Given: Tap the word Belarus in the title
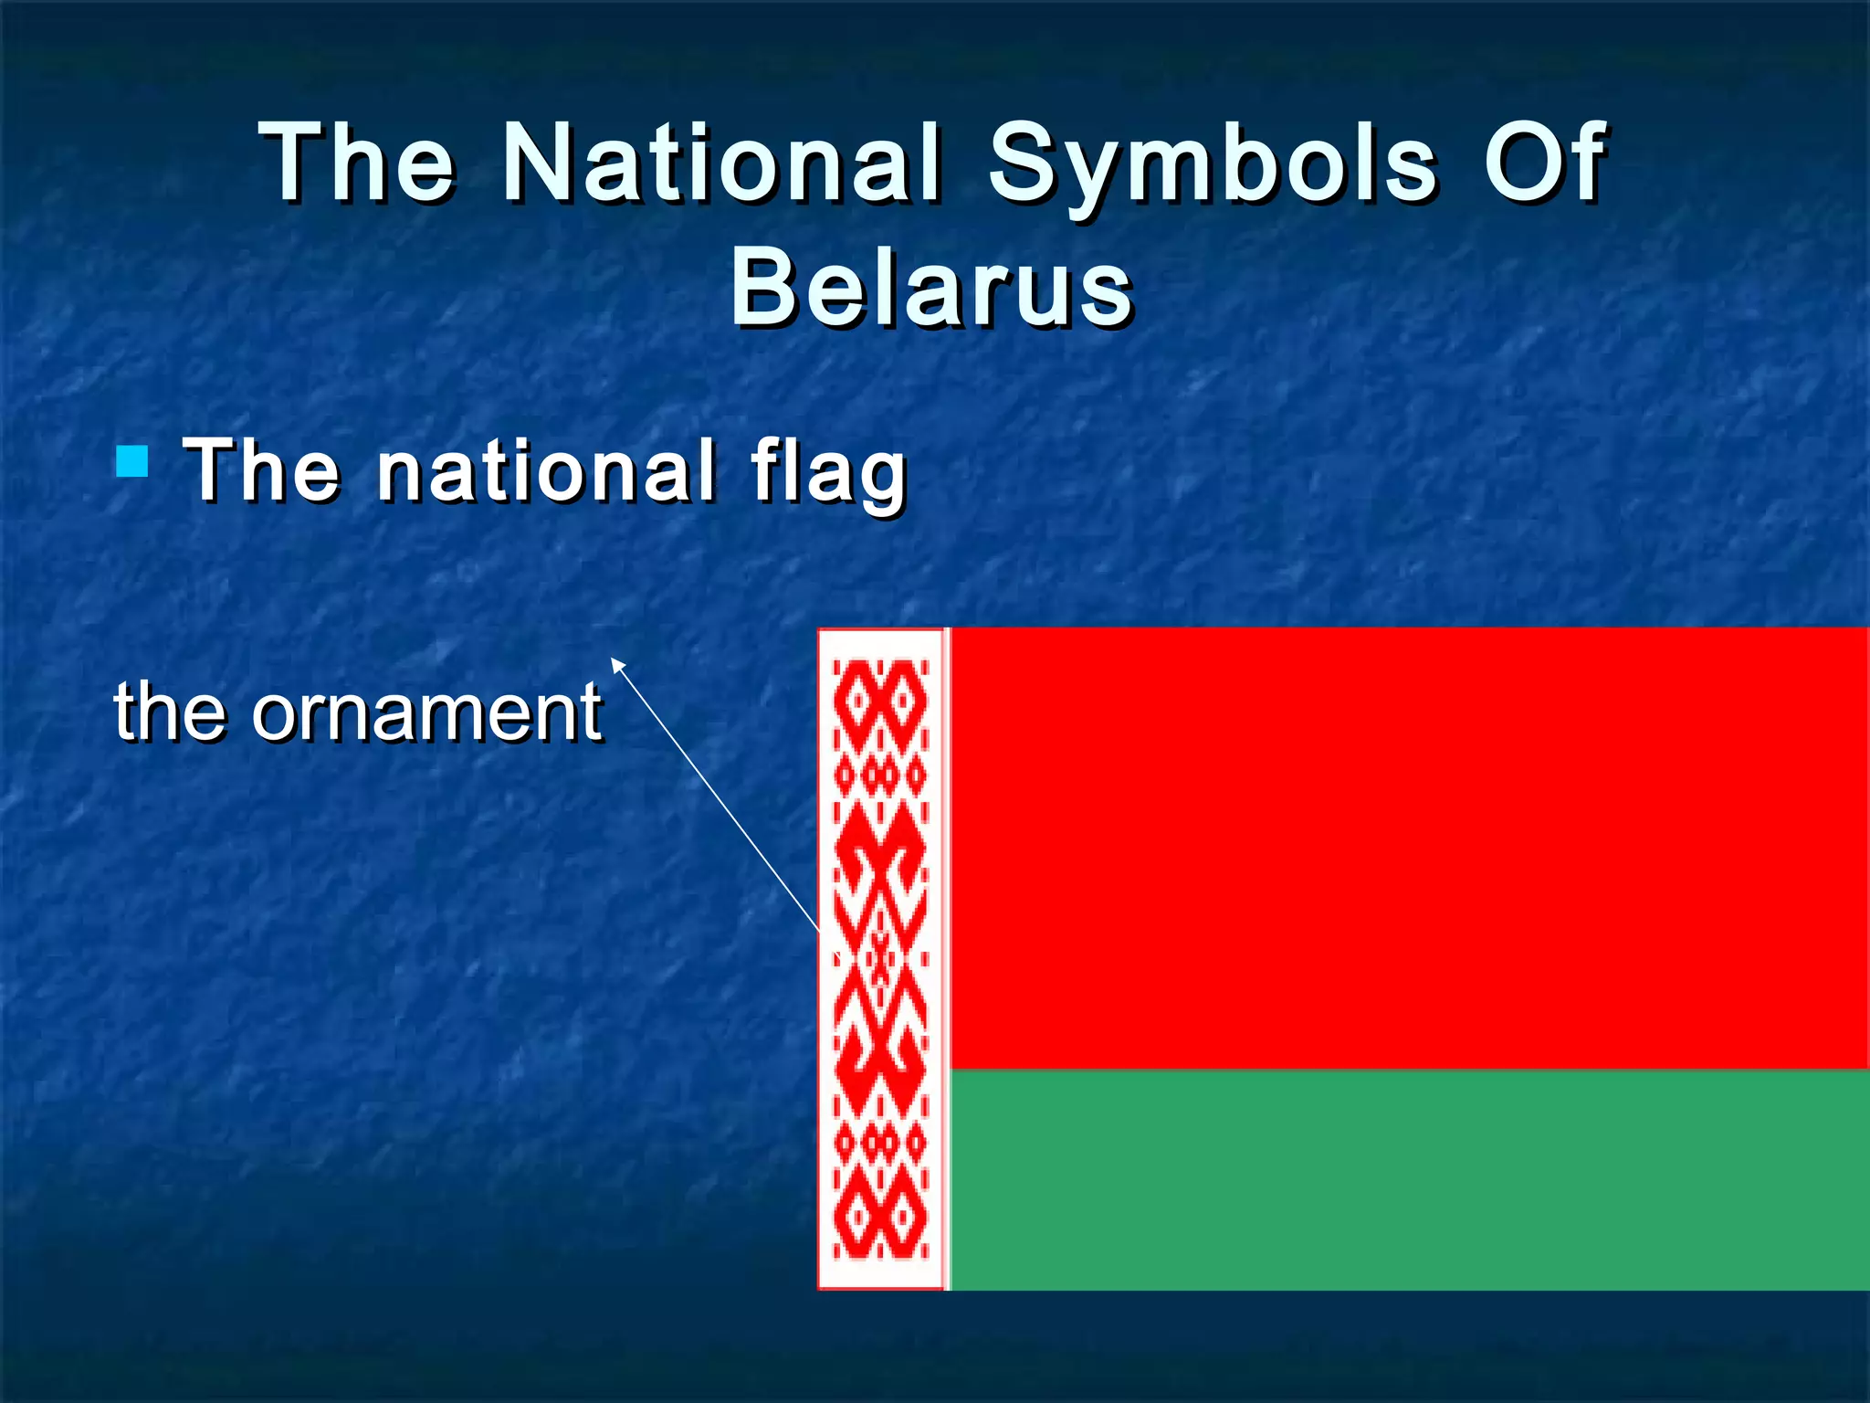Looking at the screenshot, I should [932, 288].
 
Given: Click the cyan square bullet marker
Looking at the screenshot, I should [132, 461].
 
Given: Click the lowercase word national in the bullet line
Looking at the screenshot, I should [547, 470].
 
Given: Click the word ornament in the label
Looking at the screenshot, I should [426, 712].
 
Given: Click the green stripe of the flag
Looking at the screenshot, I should [1406, 1178].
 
